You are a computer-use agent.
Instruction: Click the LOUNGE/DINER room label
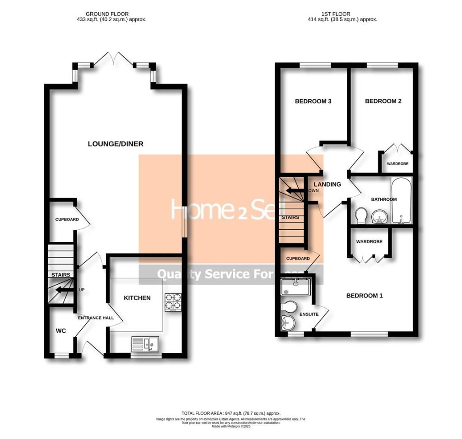click(115, 144)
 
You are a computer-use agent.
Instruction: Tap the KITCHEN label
click(137, 298)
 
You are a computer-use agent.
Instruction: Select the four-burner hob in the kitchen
click(173, 302)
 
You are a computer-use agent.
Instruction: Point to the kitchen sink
click(143, 344)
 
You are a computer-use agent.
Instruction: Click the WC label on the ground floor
click(61, 331)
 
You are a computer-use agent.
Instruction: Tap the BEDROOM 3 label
click(313, 102)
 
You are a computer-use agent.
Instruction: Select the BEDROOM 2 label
click(383, 102)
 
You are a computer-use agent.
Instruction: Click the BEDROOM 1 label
click(364, 296)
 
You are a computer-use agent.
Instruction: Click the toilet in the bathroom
click(361, 216)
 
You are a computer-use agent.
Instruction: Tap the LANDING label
click(327, 185)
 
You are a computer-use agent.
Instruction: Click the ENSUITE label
click(309, 314)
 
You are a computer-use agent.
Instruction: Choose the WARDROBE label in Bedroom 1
click(369, 242)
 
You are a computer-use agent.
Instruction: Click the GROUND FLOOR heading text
click(111, 14)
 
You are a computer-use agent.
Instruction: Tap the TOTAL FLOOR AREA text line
click(231, 413)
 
